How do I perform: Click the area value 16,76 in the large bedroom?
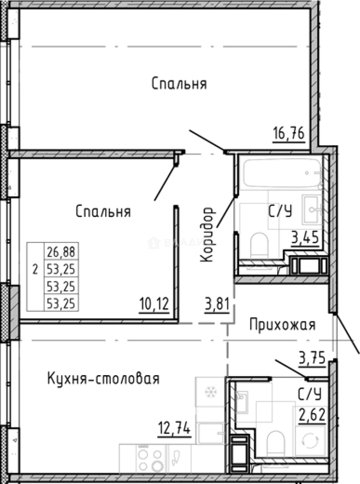(289, 134)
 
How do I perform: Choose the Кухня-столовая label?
(103, 379)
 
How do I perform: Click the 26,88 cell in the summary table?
(60, 253)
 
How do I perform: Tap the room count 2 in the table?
(35, 270)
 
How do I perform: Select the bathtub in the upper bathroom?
(282, 173)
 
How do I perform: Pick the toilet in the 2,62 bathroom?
(275, 444)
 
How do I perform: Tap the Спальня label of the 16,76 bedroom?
(179, 84)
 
